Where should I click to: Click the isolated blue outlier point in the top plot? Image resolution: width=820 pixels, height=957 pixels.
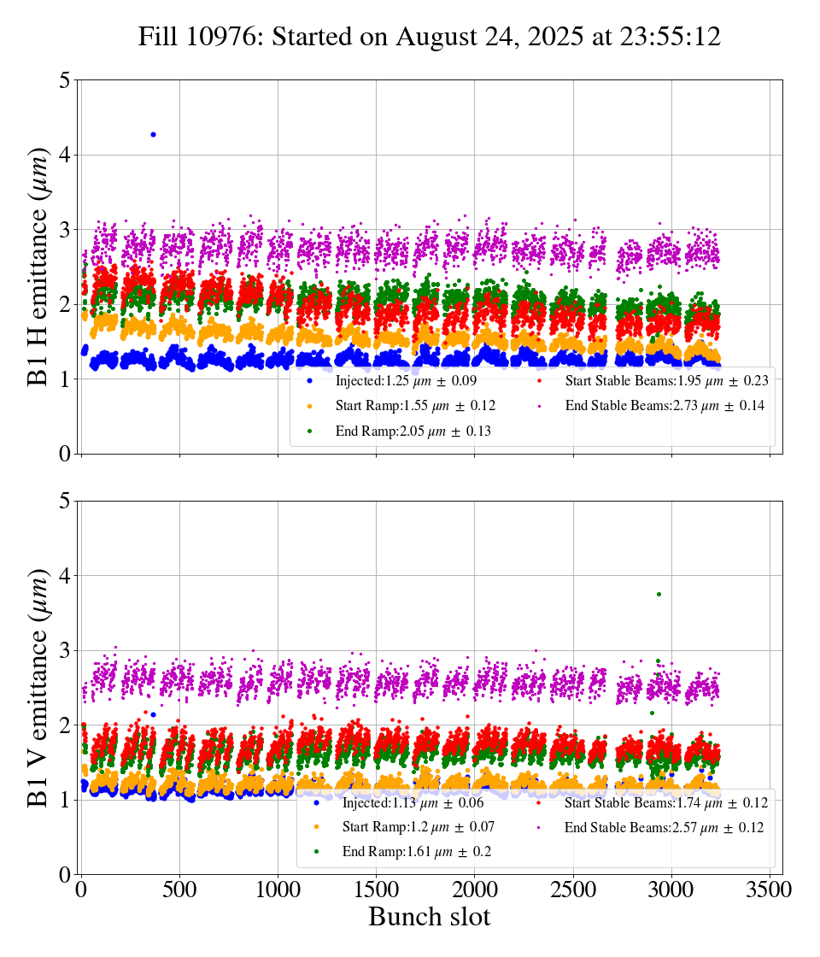(x=153, y=134)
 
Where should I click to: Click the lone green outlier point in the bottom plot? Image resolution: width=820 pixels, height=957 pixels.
(x=659, y=594)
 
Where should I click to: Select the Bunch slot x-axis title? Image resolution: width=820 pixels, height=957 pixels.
(x=430, y=918)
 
